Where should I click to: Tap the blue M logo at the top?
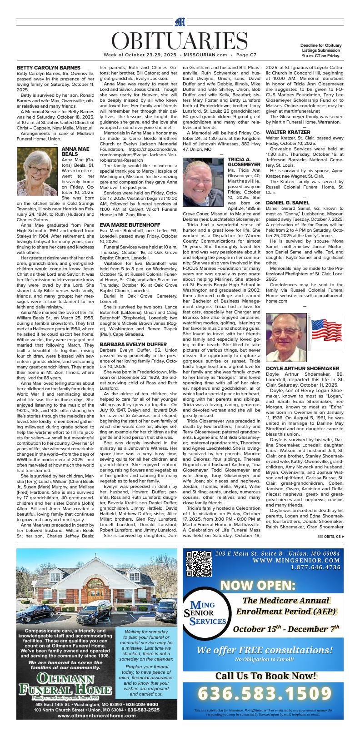point(180,22)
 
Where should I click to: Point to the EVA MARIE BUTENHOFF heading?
point(130,225)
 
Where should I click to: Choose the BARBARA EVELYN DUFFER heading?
point(133,344)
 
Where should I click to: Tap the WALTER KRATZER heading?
point(288,132)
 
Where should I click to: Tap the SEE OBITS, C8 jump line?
point(330,537)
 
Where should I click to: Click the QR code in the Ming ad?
point(199,563)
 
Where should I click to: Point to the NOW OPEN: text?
point(258,585)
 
